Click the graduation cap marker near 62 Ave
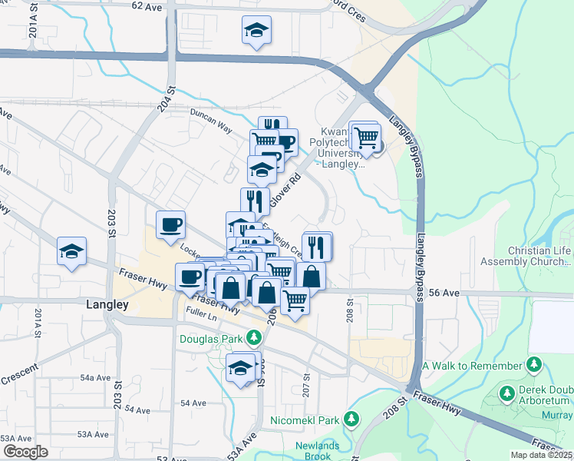(256, 31)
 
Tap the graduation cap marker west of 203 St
(71, 252)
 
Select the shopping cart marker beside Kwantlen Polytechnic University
(367, 138)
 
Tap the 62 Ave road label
(148, 5)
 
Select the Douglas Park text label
(211, 338)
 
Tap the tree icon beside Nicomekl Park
(351, 420)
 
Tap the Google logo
(25, 451)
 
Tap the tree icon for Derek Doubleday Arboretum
(506, 394)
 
